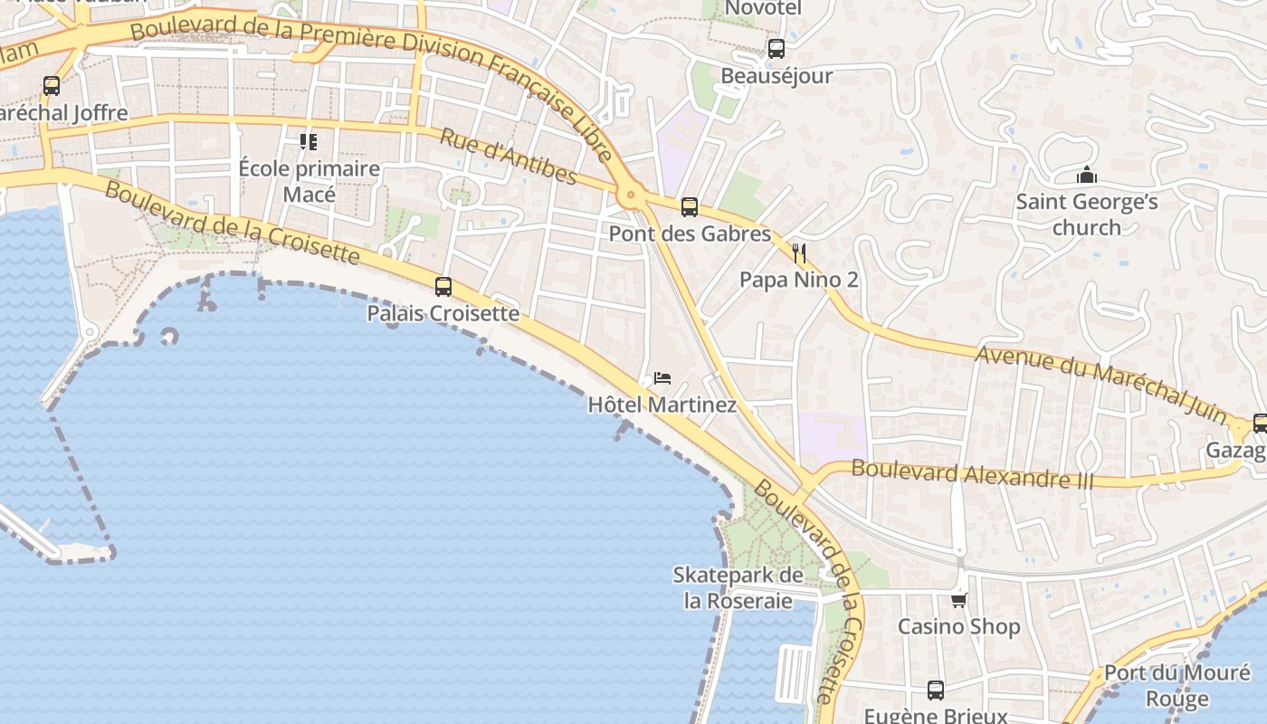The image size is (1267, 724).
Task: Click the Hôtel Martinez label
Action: (x=662, y=405)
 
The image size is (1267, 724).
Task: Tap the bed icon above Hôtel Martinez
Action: (x=662, y=377)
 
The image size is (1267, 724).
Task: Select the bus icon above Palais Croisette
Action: (x=443, y=287)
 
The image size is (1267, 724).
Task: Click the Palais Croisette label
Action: (x=443, y=314)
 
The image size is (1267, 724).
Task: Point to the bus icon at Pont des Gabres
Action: (x=690, y=207)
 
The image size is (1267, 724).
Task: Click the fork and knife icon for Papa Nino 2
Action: (x=798, y=252)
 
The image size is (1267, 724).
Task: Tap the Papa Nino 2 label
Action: (x=798, y=280)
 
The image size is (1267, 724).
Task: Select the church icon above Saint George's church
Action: (x=1086, y=175)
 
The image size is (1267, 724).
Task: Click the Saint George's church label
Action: (x=1086, y=214)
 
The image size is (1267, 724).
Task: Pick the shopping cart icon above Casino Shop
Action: (x=958, y=599)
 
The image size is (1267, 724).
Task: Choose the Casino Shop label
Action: (x=958, y=626)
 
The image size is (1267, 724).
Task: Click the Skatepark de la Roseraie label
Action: (x=738, y=588)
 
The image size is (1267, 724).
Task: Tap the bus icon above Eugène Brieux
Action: (x=935, y=690)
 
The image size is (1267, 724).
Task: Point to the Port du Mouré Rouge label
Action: (x=1176, y=685)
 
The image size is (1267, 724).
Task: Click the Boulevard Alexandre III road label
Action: (x=973, y=474)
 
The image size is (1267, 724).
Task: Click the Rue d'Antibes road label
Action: (x=508, y=156)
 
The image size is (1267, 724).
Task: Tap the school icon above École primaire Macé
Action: (x=309, y=142)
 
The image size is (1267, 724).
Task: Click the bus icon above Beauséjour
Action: (x=776, y=49)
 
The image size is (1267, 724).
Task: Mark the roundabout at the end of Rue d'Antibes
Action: (x=630, y=194)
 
